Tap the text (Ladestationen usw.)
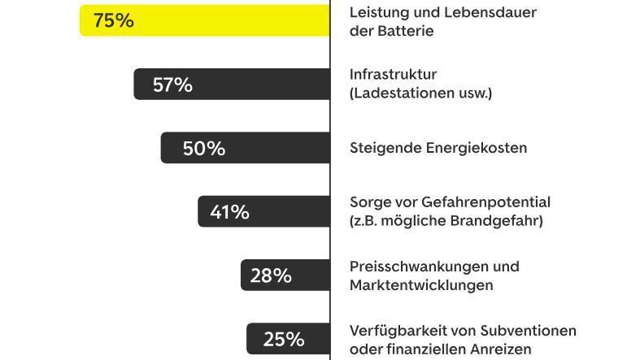(x=420, y=93)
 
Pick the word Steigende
(x=384, y=148)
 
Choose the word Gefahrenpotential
(x=485, y=202)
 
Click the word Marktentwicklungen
(x=420, y=284)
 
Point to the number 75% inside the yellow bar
(x=113, y=21)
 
